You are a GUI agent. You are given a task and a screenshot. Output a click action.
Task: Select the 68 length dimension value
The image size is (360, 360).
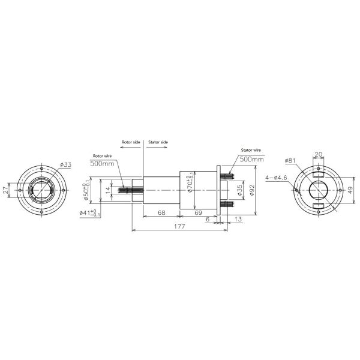click(x=161, y=213)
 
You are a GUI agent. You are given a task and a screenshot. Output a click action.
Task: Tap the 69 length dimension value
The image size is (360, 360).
click(x=199, y=213)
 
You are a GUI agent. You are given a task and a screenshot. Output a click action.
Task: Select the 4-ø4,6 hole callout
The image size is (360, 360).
click(x=275, y=178)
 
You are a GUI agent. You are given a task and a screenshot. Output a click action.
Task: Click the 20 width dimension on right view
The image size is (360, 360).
click(x=318, y=154)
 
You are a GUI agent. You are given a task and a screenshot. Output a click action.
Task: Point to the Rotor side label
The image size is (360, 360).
click(x=131, y=142)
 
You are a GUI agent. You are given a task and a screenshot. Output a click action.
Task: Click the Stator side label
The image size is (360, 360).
click(x=158, y=142)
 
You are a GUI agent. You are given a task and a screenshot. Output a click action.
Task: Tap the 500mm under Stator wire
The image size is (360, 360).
click(x=251, y=160)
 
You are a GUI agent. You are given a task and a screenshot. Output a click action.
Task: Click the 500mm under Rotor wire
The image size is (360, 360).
click(x=103, y=163)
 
